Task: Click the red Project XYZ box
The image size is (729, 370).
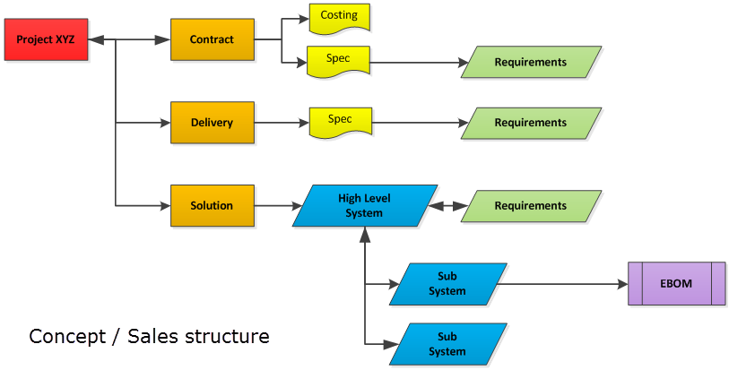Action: (x=46, y=40)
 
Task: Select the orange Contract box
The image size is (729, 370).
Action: (x=213, y=39)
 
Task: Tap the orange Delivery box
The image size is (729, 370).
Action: (x=213, y=123)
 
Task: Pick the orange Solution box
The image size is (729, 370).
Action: (x=213, y=206)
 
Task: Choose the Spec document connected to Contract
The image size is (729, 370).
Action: (x=339, y=61)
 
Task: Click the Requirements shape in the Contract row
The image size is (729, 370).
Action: (x=531, y=63)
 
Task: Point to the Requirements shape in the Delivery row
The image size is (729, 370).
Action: (x=531, y=123)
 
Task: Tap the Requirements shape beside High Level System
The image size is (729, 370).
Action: (x=531, y=206)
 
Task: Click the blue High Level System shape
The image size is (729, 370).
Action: (x=364, y=206)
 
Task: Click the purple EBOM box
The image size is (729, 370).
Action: (x=677, y=284)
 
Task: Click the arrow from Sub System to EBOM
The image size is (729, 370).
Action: (x=565, y=284)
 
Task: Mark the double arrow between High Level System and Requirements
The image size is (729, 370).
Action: (x=447, y=206)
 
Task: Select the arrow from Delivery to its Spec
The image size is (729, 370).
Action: (x=282, y=123)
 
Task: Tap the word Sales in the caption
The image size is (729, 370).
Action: (x=155, y=338)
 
